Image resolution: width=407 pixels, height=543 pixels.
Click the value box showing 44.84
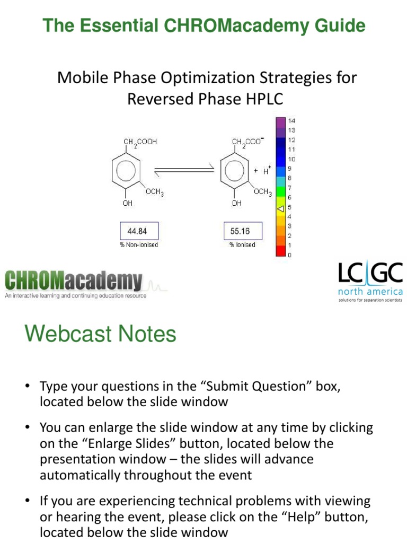click(139, 231)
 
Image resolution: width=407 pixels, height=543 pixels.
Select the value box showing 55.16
click(240, 231)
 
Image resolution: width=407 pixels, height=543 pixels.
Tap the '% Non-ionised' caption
click(139, 245)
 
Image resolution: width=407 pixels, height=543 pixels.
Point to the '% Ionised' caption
click(242, 245)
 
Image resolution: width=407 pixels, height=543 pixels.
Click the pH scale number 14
click(291, 120)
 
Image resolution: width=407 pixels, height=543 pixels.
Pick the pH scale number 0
click(289, 255)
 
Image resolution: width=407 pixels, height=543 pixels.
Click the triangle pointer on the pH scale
click(281, 207)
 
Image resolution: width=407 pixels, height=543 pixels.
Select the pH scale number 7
click(289, 188)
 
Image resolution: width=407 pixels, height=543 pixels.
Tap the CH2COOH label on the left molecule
click(140, 143)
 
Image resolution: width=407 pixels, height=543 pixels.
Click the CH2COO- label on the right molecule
click(248, 142)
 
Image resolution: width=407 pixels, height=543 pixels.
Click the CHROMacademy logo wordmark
click(74, 281)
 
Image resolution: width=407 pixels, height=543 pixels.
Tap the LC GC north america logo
click(370, 282)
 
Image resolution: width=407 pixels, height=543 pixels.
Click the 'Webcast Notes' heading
click(100, 334)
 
